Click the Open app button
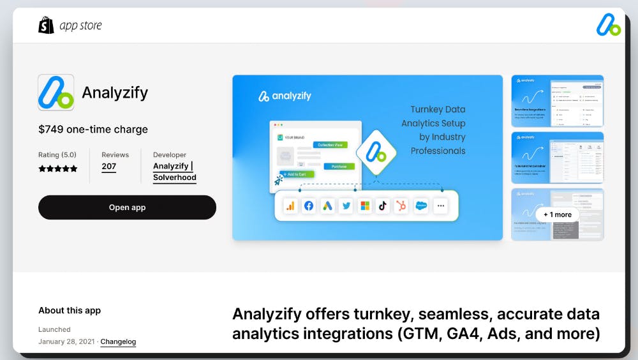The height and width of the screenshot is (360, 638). tap(127, 207)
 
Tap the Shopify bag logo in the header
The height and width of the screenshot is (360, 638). tap(46, 26)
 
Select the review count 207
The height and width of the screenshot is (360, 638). tap(109, 167)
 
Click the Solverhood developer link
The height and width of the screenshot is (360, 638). tap(174, 177)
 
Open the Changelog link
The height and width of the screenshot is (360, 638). tap(118, 341)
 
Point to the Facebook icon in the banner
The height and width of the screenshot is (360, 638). tap(309, 206)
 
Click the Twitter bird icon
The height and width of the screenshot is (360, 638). tap(346, 206)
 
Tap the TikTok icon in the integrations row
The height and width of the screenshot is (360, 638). tap(383, 206)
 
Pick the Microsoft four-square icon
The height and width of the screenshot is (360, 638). tap(364, 206)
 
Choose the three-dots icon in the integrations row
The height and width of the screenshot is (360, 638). tap(440, 206)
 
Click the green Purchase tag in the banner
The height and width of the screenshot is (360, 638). tap(339, 166)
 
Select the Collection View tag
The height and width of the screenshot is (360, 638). tap(330, 145)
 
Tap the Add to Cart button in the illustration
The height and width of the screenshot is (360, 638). tap(295, 174)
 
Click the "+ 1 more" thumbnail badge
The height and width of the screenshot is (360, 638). tap(558, 214)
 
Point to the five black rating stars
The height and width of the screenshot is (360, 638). tap(58, 169)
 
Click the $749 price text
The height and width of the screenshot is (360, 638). tap(93, 129)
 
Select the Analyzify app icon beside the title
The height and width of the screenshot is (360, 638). tap(56, 93)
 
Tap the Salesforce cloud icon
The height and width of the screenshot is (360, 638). tap(420, 206)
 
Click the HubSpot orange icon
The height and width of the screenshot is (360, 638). tap(401, 206)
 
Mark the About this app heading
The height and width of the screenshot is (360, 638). tap(70, 310)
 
